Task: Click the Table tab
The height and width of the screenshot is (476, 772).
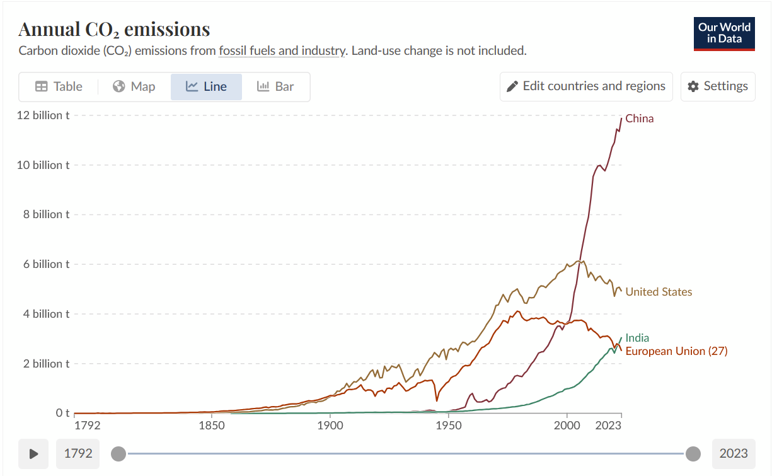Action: (x=59, y=87)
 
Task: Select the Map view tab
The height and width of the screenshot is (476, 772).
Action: (x=134, y=87)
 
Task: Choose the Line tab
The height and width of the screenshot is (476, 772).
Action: (x=206, y=87)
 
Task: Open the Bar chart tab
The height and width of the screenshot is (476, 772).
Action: (x=275, y=87)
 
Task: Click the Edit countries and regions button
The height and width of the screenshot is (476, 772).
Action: (x=586, y=86)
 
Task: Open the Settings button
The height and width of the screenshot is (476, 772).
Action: (x=717, y=86)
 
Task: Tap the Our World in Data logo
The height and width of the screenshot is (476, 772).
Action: (x=724, y=33)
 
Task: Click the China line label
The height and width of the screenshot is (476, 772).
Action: (x=639, y=119)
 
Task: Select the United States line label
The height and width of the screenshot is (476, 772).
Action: (x=659, y=292)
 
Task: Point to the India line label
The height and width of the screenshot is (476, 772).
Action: (x=637, y=338)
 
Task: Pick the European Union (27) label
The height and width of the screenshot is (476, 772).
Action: (x=676, y=351)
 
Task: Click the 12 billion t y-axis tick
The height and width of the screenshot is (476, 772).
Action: (x=43, y=115)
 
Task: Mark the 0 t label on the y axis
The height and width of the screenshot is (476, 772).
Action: (x=62, y=413)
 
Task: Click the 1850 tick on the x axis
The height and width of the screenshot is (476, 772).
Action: (x=212, y=426)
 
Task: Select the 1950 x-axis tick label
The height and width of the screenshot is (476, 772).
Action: (x=448, y=426)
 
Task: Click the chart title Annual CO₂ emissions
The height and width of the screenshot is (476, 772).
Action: (x=114, y=29)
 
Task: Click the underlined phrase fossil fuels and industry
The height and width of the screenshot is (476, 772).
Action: (x=282, y=50)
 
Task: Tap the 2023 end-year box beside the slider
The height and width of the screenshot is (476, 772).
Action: (x=734, y=453)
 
